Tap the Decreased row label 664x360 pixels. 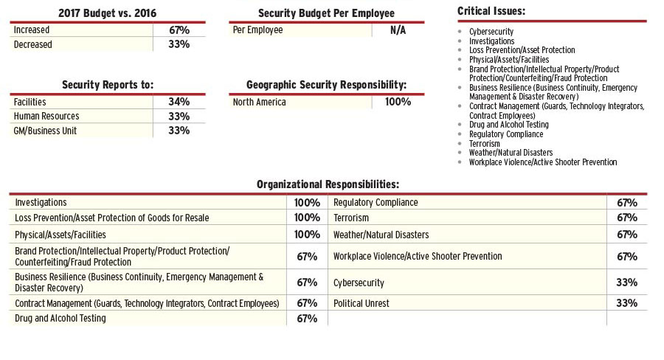(x=33, y=44)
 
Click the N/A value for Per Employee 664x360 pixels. (x=398, y=30)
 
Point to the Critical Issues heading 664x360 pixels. (x=491, y=11)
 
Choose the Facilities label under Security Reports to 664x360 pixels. (x=30, y=102)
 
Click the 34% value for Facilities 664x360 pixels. (x=179, y=102)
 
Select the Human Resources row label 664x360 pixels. (x=46, y=116)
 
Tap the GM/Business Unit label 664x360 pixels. (x=45, y=131)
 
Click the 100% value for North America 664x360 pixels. (x=398, y=102)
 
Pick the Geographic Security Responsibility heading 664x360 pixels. (x=327, y=85)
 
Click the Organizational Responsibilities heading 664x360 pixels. (x=328, y=184)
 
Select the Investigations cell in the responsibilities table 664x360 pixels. (x=41, y=202)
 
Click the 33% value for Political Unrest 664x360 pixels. (x=626, y=303)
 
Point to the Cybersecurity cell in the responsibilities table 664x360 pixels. (x=359, y=283)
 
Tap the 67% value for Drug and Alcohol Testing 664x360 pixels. (x=307, y=319)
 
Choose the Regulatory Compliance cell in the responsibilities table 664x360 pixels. (x=376, y=202)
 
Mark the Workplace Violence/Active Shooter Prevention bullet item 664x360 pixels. (x=542, y=162)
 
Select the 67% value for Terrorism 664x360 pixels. (x=626, y=218)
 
